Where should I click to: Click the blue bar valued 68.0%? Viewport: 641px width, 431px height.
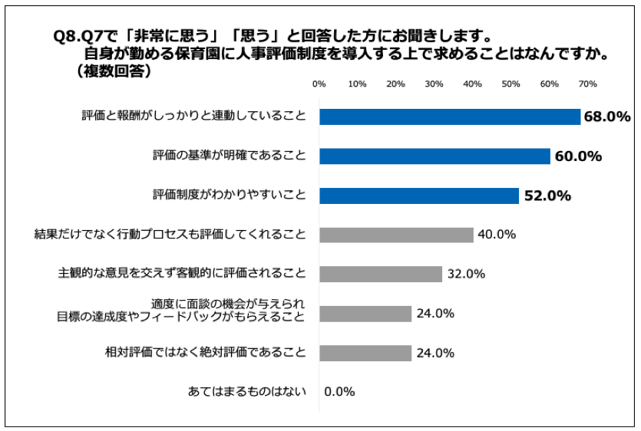450,117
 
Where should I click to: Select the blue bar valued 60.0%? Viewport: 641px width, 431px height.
434,156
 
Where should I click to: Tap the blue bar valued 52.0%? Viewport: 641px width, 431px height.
419,196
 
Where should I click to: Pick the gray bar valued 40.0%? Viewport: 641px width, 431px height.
396,235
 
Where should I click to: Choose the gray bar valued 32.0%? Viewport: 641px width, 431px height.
381,274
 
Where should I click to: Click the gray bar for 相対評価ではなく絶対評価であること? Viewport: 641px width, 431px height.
365,353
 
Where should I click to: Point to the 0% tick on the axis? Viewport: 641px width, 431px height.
319,84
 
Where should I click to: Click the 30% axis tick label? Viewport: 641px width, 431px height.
434,84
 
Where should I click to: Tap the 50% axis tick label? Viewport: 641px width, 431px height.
510,84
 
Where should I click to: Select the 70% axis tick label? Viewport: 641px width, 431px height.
587,84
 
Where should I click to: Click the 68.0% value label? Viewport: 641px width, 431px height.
606,117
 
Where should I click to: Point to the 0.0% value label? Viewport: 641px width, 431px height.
339,392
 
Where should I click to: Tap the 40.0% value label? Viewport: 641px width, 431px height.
497,235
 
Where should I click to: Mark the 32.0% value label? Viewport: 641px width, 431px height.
466,274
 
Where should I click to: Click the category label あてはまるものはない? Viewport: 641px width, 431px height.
247,392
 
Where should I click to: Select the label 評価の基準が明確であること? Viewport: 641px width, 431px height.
229,156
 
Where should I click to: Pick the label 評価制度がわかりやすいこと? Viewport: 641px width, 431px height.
229,196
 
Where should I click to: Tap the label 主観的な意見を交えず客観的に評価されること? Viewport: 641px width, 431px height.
182,274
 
